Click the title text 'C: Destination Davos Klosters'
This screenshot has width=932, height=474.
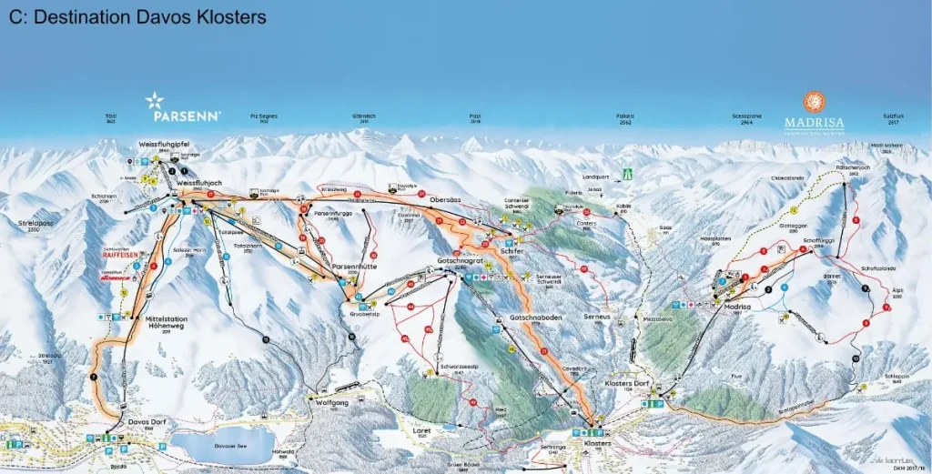click(137, 17)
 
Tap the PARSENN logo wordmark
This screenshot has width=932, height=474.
click(187, 116)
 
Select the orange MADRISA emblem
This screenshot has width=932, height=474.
click(814, 101)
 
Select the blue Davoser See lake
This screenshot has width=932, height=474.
click(223, 445)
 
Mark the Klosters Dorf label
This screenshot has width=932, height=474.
click(626, 384)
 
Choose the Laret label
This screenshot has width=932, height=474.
click(420, 424)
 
